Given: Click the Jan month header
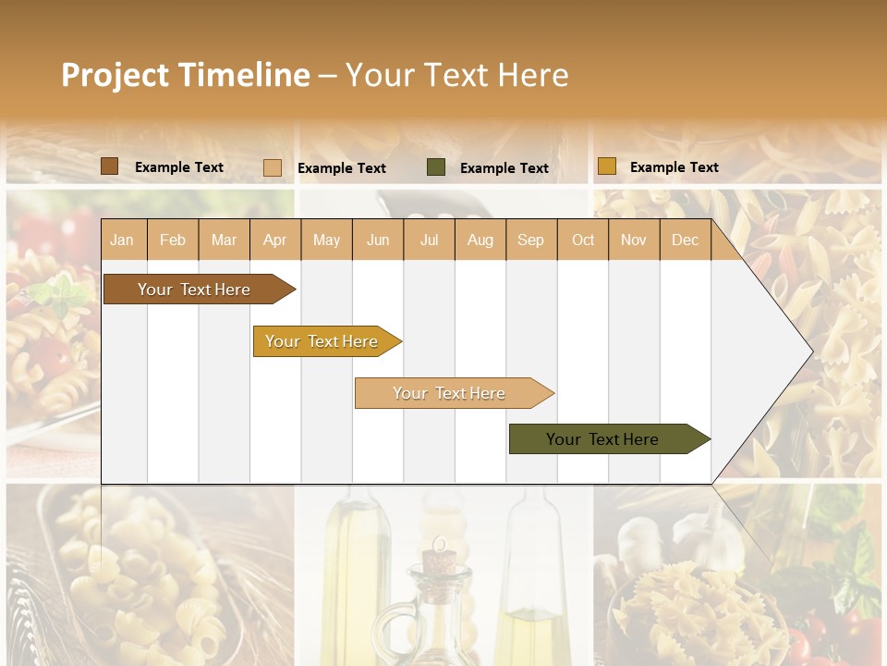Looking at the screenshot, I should point(122,240).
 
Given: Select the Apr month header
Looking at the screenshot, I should point(275,240).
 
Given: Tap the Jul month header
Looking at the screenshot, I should point(430,240).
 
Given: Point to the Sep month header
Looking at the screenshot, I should point(530,240).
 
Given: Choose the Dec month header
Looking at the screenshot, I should point(685,240).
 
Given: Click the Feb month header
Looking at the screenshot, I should point(173,240).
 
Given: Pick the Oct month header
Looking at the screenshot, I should point(583,240).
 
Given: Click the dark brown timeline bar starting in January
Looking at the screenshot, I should point(194,290).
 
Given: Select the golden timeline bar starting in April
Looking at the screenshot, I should point(322,341).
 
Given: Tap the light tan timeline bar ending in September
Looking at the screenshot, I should point(449,393).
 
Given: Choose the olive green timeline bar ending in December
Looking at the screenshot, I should point(602,439).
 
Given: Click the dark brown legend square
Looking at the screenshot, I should point(109,166).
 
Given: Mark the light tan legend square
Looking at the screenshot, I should point(272,167).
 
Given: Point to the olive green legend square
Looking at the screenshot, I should point(435,167).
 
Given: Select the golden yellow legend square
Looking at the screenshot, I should point(606,166).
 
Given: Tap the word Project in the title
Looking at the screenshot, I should point(115,75).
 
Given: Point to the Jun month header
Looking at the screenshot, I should point(378,240).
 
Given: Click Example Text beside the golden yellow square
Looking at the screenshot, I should point(674,167).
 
